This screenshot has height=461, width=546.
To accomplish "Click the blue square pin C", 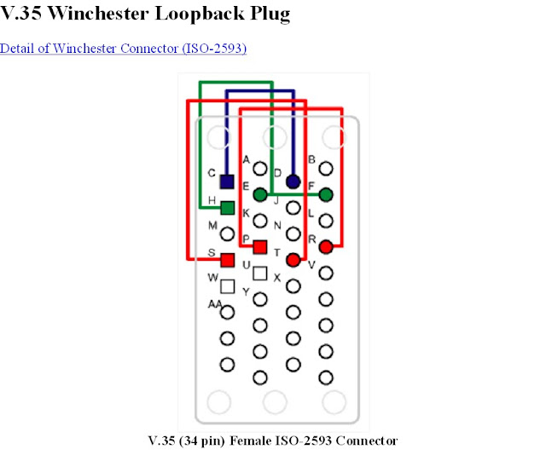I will [227, 182].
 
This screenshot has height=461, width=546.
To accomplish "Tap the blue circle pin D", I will [293, 182].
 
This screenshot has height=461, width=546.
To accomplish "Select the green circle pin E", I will [259, 195].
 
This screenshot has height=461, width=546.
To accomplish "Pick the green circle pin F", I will [325, 195].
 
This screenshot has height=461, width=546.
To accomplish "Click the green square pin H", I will [227, 207].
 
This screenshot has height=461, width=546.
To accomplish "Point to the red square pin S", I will [227, 260].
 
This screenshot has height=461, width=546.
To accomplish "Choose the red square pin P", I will [260, 247].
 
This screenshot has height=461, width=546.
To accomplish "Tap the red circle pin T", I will [293, 260].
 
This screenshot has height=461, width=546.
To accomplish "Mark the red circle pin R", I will [325, 247].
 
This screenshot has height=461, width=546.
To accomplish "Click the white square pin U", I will [260, 274].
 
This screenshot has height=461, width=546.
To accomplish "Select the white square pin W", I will [227, 286].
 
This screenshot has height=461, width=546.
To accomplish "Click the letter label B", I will [311, 159].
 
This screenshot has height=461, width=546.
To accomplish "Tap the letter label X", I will [276, 278].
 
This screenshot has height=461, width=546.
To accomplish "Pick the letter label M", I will [213, 225].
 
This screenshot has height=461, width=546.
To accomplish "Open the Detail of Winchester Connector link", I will [123, 48].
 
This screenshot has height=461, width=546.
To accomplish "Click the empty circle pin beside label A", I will [259, 169].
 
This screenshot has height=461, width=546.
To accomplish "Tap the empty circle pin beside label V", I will [325, 274].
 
